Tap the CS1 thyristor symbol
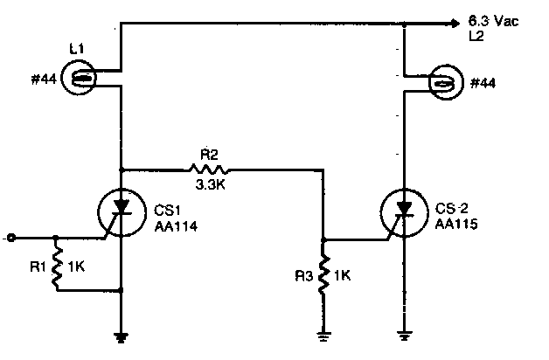point(122,211)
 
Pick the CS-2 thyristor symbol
point(404,211)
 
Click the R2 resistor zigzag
point(210,169)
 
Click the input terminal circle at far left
point(10,237)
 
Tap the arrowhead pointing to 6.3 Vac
point(455,24)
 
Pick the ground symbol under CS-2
point(404,332)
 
